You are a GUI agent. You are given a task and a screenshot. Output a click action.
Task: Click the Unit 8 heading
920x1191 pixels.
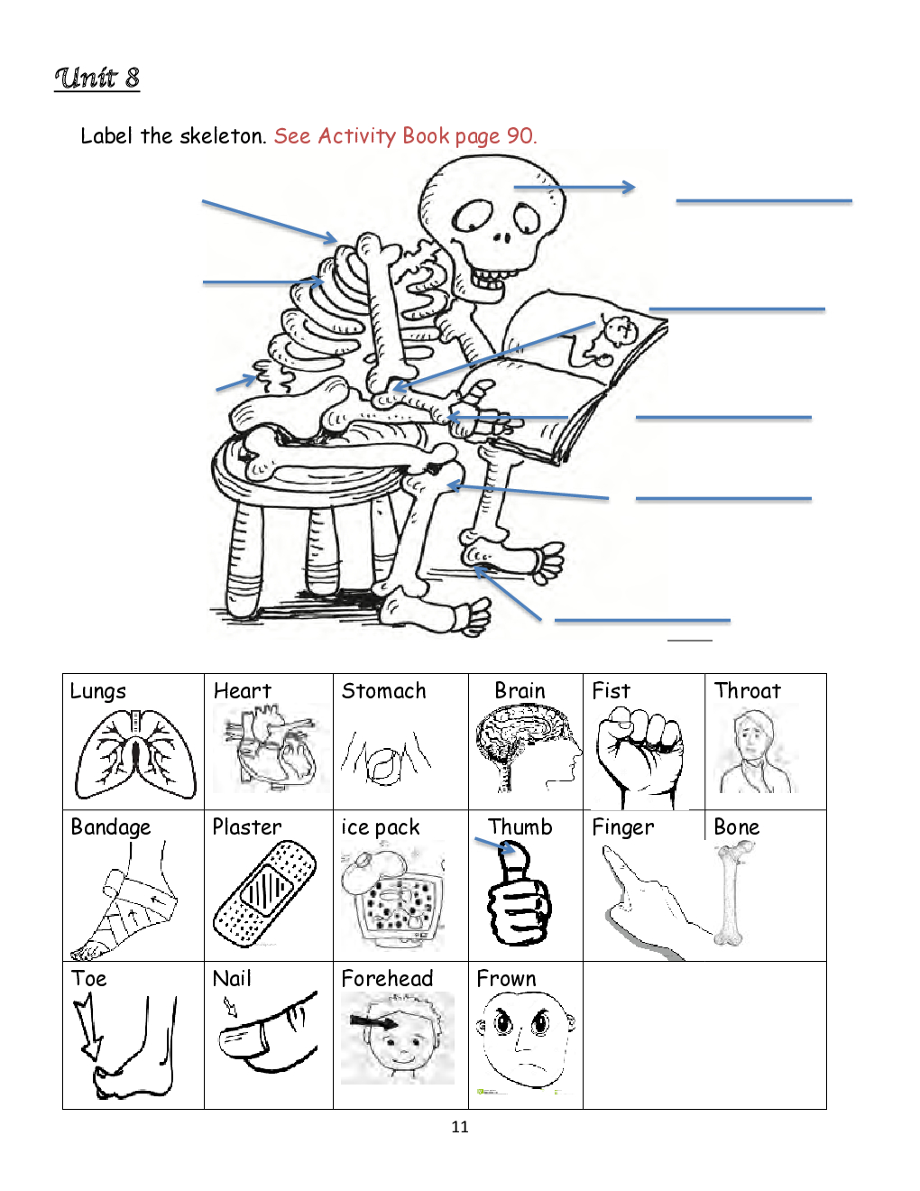[97, 78]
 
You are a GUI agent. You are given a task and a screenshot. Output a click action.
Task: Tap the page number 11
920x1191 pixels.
[460, 1127]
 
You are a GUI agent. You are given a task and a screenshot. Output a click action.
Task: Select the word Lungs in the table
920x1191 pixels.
[97, 692]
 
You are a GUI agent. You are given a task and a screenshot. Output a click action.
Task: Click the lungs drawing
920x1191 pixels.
[135, 753]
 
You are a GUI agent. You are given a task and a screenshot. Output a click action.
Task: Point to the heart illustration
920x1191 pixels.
[271, 748]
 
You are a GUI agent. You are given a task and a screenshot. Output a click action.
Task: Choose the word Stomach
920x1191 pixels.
[383, 690]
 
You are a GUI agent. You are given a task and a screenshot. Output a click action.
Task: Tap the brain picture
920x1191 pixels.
[527, 748]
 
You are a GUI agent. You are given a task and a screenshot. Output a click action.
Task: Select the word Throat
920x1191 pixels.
[748, 690]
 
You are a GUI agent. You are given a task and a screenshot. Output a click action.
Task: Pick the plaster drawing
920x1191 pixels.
[264, 893]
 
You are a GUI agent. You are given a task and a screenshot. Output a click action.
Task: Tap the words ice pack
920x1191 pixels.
[381, 827]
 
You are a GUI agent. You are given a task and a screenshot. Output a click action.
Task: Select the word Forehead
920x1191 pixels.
[387, 978]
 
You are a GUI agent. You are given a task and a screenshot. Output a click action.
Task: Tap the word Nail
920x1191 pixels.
[232, 978]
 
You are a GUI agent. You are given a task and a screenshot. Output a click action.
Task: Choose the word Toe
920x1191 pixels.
[88, 978]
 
